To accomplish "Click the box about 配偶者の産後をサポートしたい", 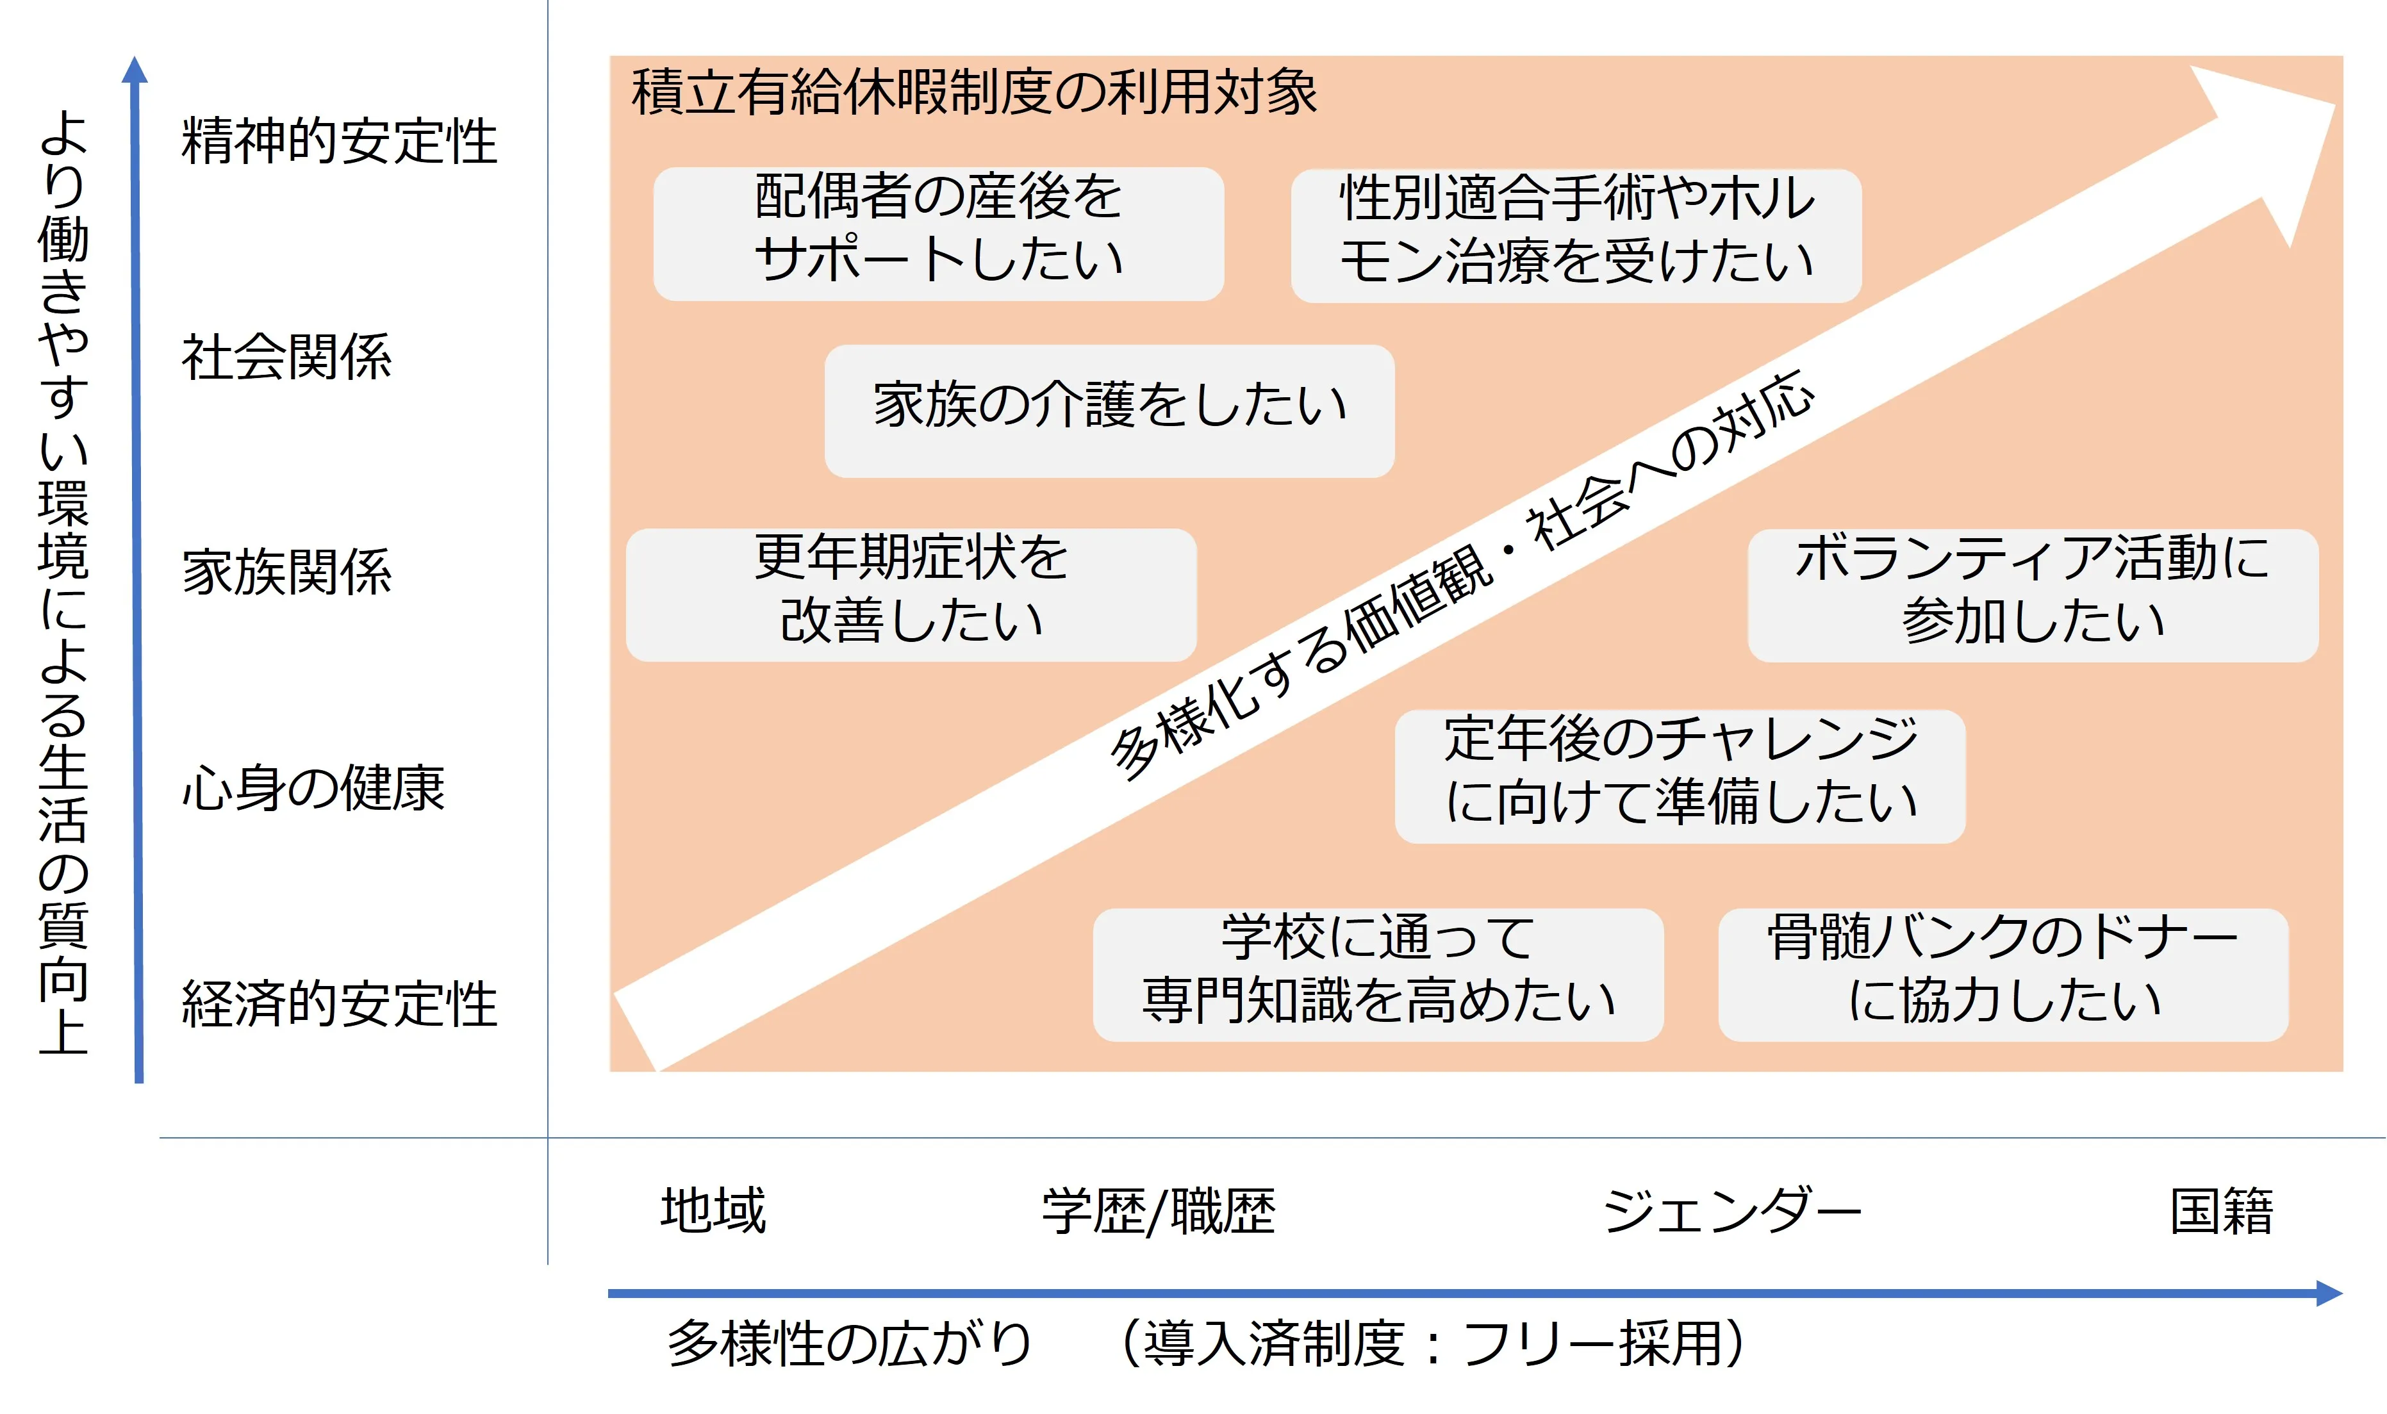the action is (939, 234).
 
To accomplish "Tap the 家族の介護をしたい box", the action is (1109, 411).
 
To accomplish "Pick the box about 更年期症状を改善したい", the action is (911, 595).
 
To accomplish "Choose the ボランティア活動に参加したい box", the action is (2033, 595).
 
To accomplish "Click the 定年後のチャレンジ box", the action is (1680, 777).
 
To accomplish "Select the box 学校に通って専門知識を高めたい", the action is (1378, 974).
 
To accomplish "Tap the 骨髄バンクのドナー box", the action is (2003, 974).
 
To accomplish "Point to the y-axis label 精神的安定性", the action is (339, 141).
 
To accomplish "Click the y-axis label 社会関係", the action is (287, 358).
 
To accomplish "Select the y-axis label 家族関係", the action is (287, 571).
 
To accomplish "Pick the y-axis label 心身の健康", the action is (313, 788).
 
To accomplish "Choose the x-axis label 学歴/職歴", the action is (1159, 1211).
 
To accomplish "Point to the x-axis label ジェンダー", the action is (1732, 1211).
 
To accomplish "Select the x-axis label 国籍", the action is (2221, 1210).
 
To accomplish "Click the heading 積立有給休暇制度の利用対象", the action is (974, 92).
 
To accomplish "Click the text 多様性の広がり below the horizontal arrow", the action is (850, 1344).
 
